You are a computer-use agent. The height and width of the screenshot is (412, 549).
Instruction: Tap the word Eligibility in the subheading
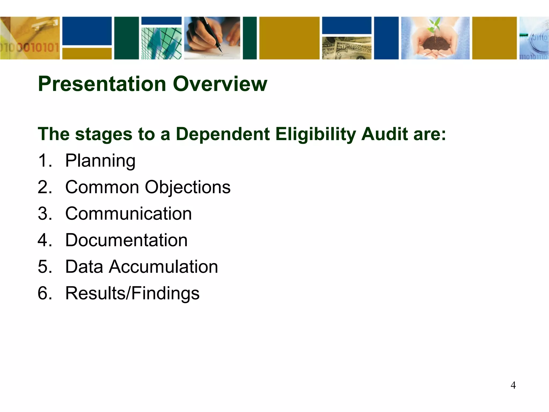tap(315, 134)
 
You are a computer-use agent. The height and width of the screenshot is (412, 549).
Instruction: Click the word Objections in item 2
tap(188, 187)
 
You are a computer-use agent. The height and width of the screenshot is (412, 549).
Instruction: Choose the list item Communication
tap(129, 214)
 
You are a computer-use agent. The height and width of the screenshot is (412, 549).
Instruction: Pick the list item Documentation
tap(126, 240)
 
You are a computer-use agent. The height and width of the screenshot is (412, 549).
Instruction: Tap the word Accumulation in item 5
tap(163, 267)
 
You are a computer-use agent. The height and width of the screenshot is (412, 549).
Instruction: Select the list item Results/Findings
tap(132, 293)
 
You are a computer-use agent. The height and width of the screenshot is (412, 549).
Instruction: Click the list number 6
tap(44, 293)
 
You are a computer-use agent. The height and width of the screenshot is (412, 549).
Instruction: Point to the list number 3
tap(44, 214)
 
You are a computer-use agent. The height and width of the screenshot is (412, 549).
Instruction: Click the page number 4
tap(513, 385)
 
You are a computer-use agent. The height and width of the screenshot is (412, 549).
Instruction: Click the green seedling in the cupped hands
tap(436, 27)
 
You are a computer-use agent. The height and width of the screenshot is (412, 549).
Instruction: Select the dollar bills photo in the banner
tap(347, 48)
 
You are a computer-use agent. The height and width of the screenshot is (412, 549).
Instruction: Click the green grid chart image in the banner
tap(161, 43)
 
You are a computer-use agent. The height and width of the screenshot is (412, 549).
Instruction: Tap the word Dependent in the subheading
tap(222, 134)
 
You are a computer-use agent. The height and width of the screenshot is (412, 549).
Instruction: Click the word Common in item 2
tap(102, 187)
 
